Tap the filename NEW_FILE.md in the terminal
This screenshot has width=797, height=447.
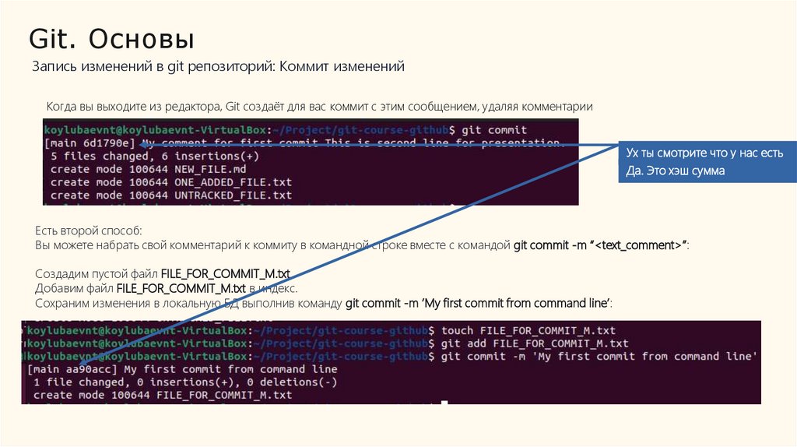click(210, 169)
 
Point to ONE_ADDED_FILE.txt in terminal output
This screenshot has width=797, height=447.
click(233, 181)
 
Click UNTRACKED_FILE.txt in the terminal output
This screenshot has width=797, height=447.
click(233, 195)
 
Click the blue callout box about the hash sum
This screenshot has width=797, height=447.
click(705, 162)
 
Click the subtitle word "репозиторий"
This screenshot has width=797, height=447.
click(226, 67)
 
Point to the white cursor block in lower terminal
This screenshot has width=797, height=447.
click(444, 403)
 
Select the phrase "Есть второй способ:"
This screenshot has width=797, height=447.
click(89, 231)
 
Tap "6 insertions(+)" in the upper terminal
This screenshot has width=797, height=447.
click(205, 156)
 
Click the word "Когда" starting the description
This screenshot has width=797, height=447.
click(62, 106)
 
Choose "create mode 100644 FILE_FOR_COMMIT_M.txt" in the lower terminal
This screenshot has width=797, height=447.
click(163, 395)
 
